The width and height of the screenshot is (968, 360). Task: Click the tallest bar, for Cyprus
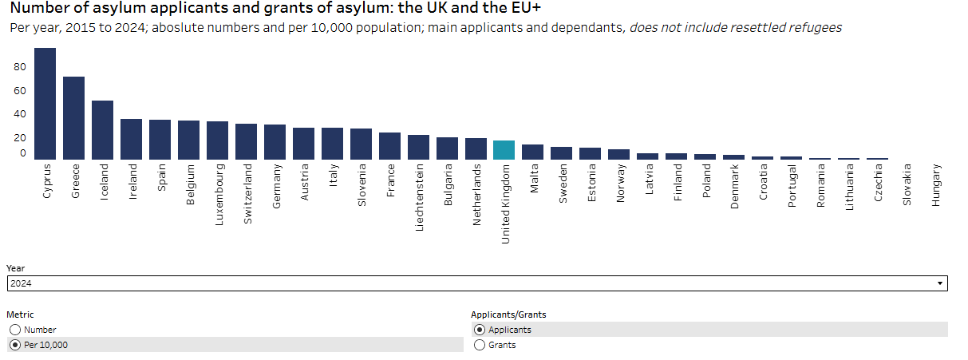pyautogui.click(x=45, y=104)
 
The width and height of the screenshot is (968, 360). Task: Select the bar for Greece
pyautogui.click(x=73, y=118)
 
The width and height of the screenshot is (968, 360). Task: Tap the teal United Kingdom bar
pyautogui.click(x=504, y=150)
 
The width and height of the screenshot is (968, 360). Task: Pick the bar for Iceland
pyautogui.click(x=102, y=130)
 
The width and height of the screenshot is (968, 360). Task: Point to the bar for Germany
pyautogui.click(x=275, y=142)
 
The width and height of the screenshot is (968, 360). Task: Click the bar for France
pyautogui.click(x=389, y=146)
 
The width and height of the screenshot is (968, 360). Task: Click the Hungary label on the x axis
pyautogui.click(x=936, y=185)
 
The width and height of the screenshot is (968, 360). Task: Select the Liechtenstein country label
pyautogui.click(x=419, y=198)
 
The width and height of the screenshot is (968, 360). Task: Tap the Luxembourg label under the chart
pyautogui.click(x=219, y=196)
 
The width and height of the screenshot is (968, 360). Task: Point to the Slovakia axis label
pyautogui.click(x=907, y=185)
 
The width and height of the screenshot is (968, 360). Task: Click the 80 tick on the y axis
pyautogui.click(x=20, y=68)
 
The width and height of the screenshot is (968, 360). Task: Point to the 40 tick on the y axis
pyautogui.click(x=20, y=114)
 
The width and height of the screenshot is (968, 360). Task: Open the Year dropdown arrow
pyautogui.click(x=940, y=283)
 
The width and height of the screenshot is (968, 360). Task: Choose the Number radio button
pyautogui.click(x=14, y=330)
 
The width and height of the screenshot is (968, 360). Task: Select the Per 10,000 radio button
pyautogui.click(x=14, y=345)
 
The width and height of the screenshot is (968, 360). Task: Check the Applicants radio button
pyautogui.click(x=479, y=330)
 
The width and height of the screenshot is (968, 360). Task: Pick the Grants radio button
pyautogui.click(x=479, y=345)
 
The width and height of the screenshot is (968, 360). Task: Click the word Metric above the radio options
pyautogui.click(x=20, y=315)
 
